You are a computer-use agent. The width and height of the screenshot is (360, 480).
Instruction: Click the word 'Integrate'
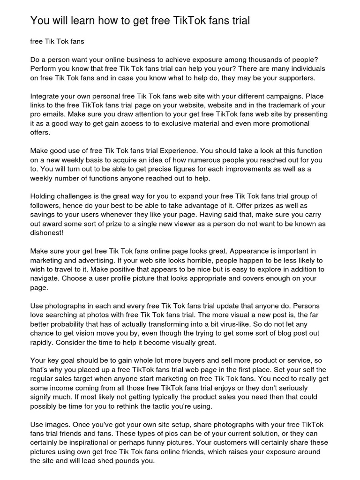click(x=46, y=97)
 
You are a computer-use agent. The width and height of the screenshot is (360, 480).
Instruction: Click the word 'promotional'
click(x=288, y=123)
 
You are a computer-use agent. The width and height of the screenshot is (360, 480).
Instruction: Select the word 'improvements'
click(x=259, y=169)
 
